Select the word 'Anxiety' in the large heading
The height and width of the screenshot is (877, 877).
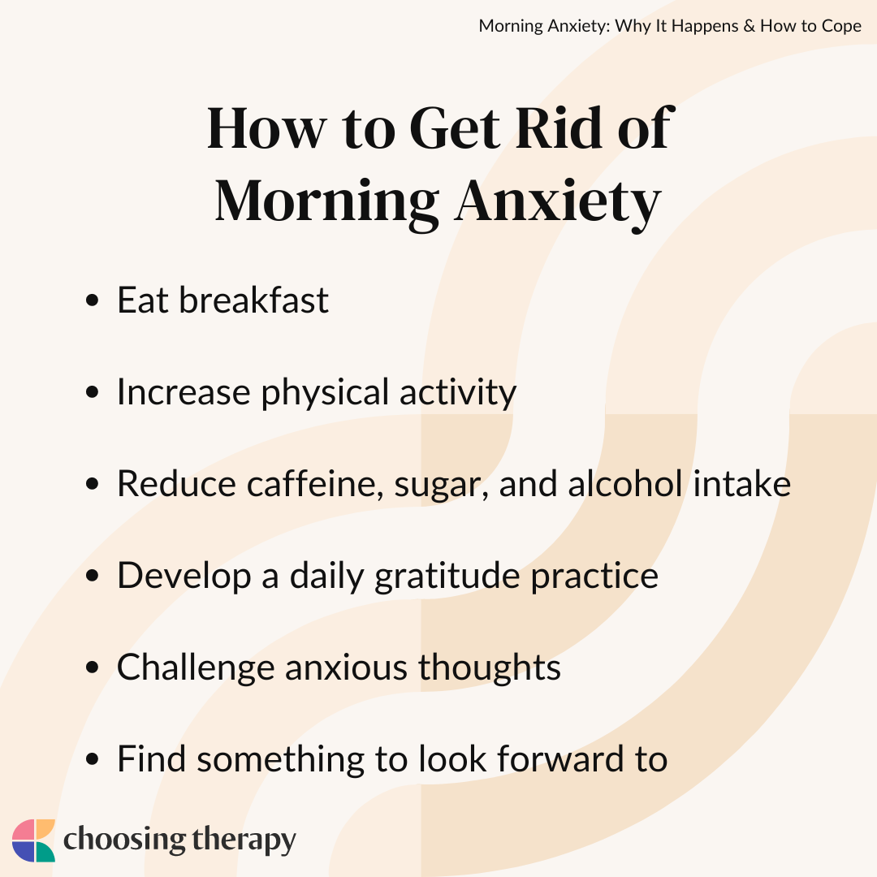coord(558,202)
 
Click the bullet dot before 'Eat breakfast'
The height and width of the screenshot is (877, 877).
coord(93,300)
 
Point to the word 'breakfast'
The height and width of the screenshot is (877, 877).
coord(253,300)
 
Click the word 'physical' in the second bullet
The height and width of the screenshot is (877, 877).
coord(324,393)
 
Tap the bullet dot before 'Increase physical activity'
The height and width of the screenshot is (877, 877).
coord(93,392)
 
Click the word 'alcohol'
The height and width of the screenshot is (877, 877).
coord(624,483)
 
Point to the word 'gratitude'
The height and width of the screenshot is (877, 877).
coord(447,577)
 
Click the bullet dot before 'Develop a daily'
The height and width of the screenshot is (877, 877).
coord(93,576)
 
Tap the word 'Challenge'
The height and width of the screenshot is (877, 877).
coord(196,668)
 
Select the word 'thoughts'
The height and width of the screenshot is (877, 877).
coord(490,668)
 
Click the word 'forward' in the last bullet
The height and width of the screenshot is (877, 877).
coord(559,759)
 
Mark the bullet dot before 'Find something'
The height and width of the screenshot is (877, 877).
coord(93,759)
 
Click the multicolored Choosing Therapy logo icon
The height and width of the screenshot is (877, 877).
coord(33,840)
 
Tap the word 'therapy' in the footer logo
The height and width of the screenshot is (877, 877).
coord(244,841)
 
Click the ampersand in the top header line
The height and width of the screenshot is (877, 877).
coord(750,26)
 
